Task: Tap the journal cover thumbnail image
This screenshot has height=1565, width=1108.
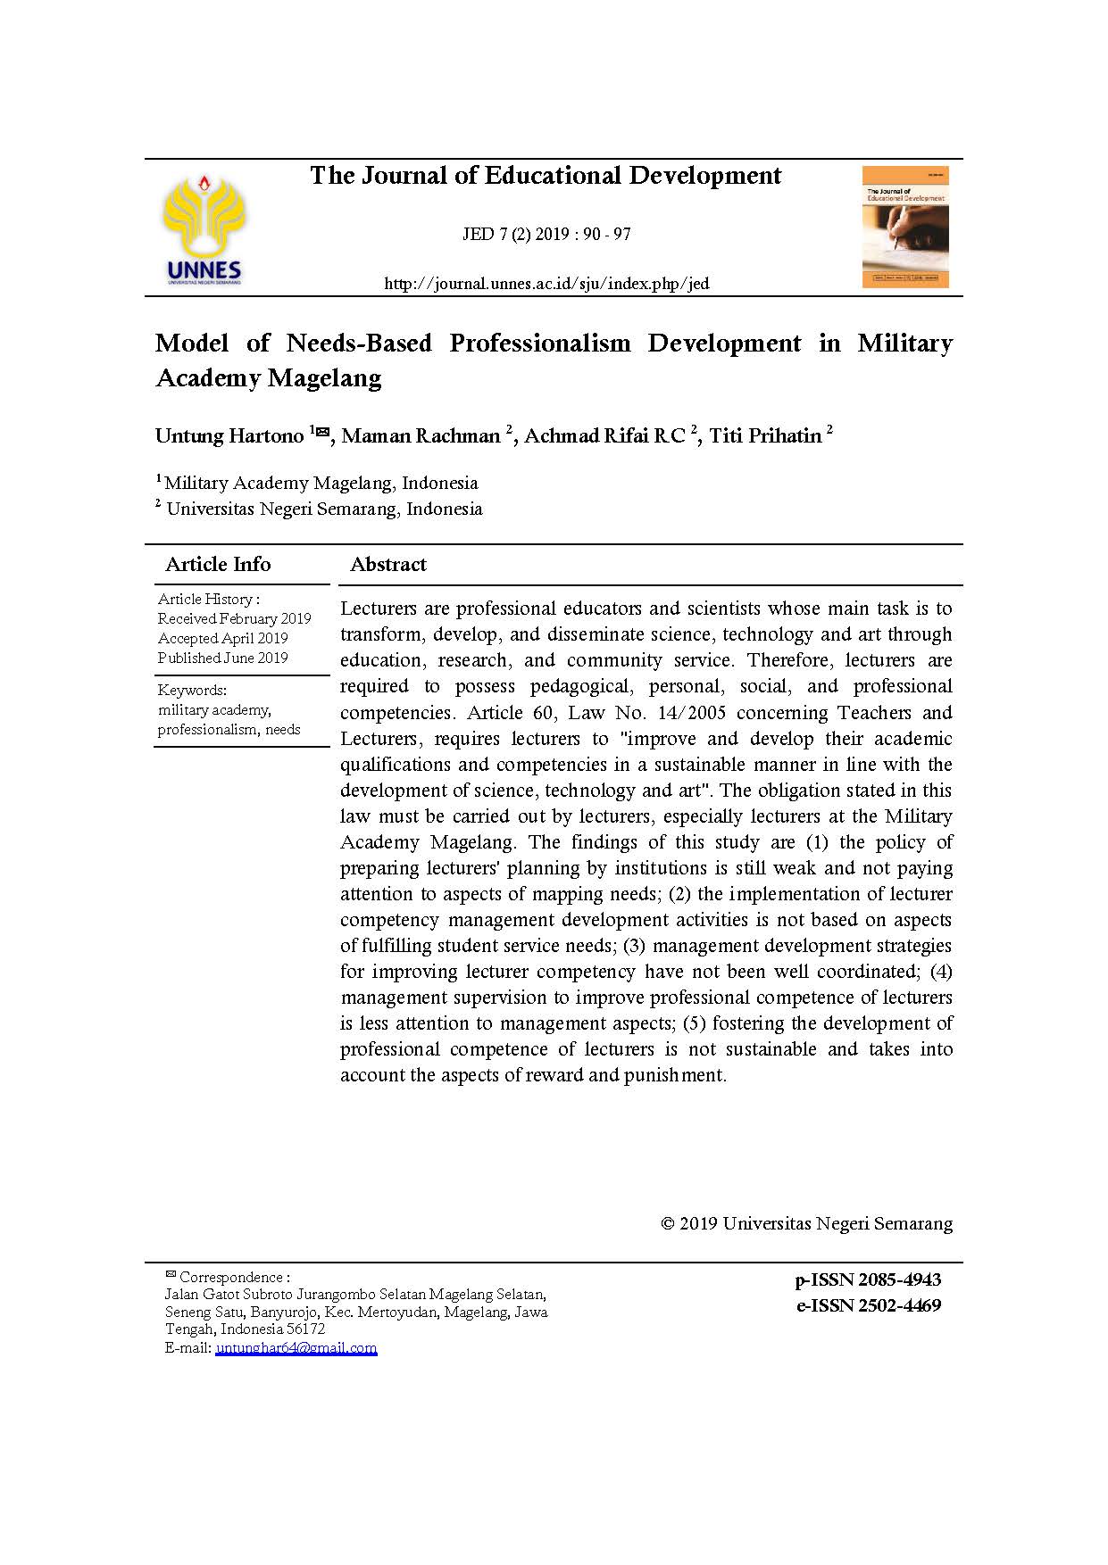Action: (904, 228)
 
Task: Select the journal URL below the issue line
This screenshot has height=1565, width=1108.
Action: (546, 284)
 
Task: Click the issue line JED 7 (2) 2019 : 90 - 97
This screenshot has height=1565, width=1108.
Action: (546, 235)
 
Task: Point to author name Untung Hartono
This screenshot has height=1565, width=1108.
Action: (229, 436)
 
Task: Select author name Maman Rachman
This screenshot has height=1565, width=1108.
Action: (421, 436)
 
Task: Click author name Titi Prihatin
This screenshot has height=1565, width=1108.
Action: (765, 436)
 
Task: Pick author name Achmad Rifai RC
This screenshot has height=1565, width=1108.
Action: (604, 436)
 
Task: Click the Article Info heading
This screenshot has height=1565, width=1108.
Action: (218, 564)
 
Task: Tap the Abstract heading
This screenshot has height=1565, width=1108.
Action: (388, 564)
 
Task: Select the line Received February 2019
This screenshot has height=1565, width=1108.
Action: (234, 618)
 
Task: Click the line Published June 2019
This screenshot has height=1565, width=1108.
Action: (222, 658)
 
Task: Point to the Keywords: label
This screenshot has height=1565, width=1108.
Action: (192, 690)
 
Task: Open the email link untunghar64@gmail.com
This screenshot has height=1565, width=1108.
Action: (296, 1347)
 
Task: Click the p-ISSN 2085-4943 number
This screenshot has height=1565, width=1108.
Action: (868, 1279)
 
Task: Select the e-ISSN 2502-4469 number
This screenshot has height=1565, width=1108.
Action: (868, 1305)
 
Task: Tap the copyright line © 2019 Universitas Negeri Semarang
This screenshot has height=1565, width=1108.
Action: (806, 1223)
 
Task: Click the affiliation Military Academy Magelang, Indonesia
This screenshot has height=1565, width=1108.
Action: (321, 484)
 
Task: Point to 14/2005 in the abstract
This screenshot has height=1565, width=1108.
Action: (687, 713)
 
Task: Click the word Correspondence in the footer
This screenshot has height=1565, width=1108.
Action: (230, 1278)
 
